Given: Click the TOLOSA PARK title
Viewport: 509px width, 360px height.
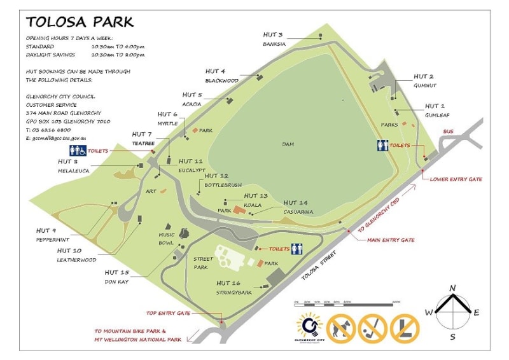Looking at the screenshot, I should [80, 22].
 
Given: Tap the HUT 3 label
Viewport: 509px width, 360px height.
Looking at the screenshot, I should [273, 34].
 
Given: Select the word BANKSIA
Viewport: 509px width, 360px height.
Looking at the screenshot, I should [274, 44].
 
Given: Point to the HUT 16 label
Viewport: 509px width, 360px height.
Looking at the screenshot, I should [228, 283].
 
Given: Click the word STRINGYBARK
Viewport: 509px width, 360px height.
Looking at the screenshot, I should [234, 293].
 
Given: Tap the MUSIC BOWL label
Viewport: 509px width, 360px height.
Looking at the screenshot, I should [167, 239].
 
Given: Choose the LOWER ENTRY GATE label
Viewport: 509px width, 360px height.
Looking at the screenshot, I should [456, 179].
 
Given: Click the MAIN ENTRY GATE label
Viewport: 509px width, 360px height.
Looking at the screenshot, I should [391, 240].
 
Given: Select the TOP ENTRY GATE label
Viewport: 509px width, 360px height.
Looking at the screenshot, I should [168, 314].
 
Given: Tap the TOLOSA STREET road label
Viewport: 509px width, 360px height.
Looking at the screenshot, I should [317, 265].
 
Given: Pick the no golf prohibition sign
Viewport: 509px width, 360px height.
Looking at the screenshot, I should [373, 328].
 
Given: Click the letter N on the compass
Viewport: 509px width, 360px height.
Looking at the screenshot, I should [452, 288].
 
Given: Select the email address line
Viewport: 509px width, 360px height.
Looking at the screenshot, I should [56, 137].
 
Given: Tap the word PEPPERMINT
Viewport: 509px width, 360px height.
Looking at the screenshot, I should [53, 239].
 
